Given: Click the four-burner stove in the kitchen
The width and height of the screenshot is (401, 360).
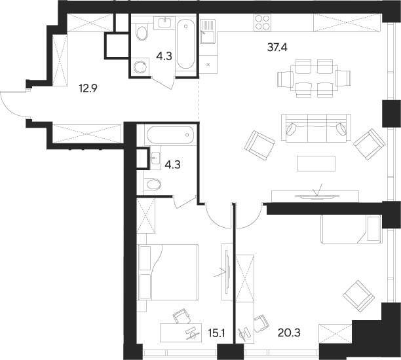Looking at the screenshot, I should coord(262,23).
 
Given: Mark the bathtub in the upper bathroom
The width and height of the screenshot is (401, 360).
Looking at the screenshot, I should coord(185,46).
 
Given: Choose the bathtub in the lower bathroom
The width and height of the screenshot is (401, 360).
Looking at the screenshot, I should coord(170,136).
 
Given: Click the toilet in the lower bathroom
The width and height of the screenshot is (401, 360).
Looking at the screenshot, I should coord(153,184).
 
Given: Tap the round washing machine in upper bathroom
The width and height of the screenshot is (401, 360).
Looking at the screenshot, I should coord(140,66).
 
